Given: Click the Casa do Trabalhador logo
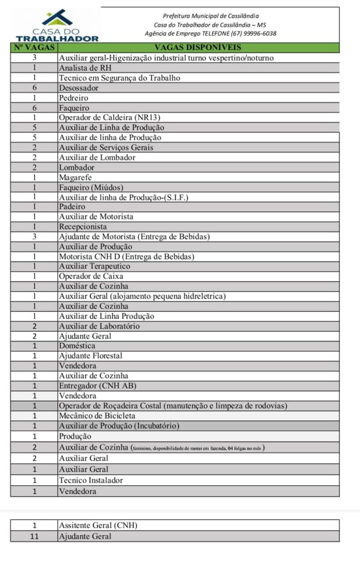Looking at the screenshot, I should tap(57, 25).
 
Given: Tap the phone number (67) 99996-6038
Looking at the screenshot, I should tap(256, 33).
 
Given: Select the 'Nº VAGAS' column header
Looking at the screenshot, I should tap(34, 47).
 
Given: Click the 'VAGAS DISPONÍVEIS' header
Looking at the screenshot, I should tap(198, 47).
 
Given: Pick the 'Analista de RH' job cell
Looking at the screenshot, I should tap(86, 68).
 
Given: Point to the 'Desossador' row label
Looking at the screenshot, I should tap(78, 88).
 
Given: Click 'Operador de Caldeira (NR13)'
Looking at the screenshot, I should tap(105, 117).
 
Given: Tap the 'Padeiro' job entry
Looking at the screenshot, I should tap(72, 207).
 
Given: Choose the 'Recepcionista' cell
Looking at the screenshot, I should tap(83, 227).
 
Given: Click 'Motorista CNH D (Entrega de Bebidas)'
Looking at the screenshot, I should tap(126, 257).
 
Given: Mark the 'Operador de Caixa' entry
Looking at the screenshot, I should tap(91, 276).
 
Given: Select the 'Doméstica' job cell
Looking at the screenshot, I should tap(77, 346).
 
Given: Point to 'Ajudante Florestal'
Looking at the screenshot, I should tap(90, 356).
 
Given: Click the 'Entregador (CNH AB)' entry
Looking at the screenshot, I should tap(97, 386).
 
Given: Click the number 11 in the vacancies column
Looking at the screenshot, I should tap(34, 537).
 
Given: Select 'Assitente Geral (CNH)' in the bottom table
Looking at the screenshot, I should tap(98, 525).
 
